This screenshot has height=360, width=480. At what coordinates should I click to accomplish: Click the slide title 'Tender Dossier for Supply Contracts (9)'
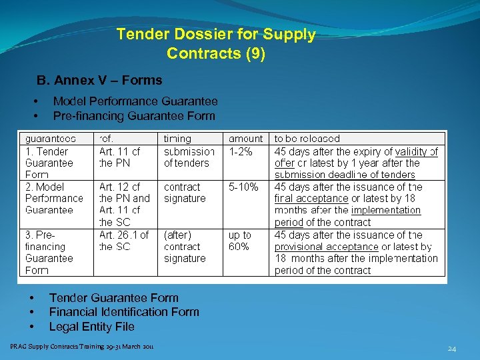(216, 43)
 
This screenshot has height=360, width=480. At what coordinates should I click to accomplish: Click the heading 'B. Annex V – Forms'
(99, 81)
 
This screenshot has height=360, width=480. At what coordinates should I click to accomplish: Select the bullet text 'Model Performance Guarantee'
(135, 101)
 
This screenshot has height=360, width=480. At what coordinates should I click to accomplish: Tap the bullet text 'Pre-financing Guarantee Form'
(134, 116)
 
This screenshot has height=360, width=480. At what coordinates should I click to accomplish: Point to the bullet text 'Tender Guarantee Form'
(114, 298)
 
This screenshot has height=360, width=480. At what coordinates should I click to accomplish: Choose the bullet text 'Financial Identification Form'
(124, 312)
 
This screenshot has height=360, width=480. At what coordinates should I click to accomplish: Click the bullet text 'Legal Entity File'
(92, 327)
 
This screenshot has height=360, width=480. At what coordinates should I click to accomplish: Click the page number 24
(452, 349)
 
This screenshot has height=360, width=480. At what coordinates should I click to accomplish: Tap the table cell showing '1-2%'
(241, 151)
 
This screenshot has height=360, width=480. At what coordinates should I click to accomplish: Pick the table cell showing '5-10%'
(243, 187)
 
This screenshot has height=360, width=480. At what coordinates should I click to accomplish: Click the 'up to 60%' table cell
(240, 241)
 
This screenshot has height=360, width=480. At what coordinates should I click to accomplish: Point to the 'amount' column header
(245, 139)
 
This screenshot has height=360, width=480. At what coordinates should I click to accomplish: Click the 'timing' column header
(177, 139)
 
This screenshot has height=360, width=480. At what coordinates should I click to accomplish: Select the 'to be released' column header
(307, 139)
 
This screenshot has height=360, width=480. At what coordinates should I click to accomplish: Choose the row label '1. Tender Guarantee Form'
(49, 163)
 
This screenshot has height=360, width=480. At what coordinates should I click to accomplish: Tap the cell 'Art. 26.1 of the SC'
(124, 241)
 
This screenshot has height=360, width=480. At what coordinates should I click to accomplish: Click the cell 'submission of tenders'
(189, 157)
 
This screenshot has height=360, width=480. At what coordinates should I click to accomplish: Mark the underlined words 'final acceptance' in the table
(311, 199)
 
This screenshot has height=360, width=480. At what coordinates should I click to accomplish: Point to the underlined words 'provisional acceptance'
(326, 247)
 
